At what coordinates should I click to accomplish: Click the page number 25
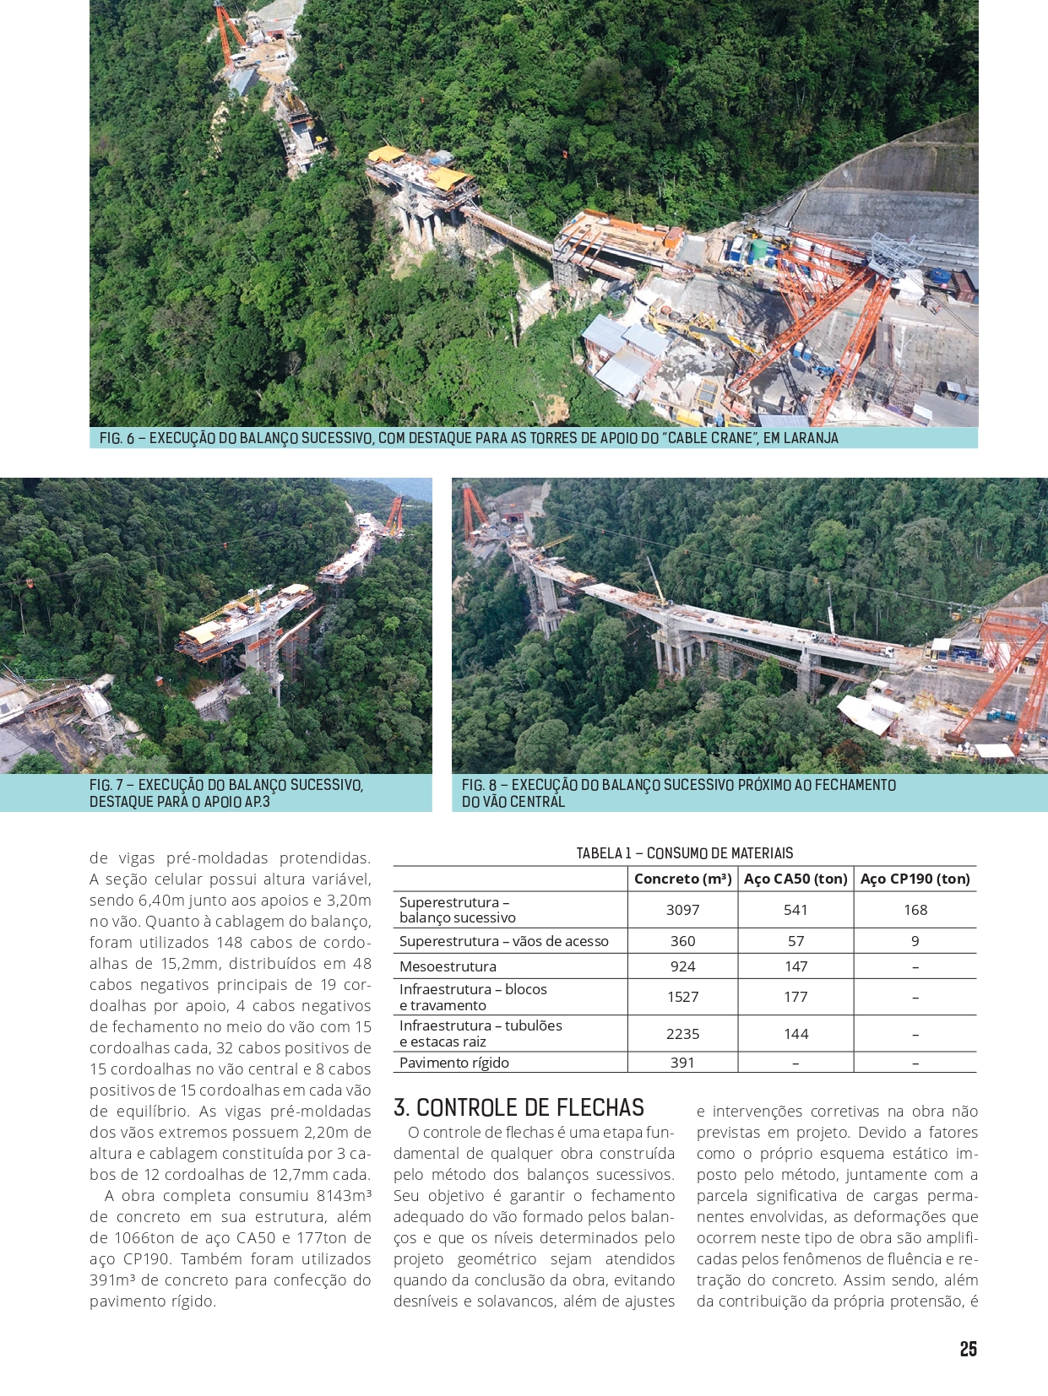point(968,1349)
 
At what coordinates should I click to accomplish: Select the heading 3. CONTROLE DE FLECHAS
point(519,1107)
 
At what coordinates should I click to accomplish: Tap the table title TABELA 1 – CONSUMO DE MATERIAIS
point(684,853)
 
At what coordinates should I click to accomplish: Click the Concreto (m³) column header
point(682,879)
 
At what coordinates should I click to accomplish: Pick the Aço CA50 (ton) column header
point(796,879)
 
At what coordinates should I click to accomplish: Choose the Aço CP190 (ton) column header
point(915,879)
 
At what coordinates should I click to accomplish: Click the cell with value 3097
point(682,910)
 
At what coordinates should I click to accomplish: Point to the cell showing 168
point(915,910)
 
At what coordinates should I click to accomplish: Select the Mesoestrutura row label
point(448,966)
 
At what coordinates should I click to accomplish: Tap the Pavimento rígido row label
point(454,1063)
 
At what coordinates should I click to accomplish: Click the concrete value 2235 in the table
point(682,1034)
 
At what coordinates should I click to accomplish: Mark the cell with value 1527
point(682,997)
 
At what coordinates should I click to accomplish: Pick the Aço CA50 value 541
point(796,910)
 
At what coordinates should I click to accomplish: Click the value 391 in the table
point(682,1063)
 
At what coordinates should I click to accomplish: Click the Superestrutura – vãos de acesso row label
point(503,941)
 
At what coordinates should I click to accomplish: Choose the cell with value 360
point(682,941)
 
